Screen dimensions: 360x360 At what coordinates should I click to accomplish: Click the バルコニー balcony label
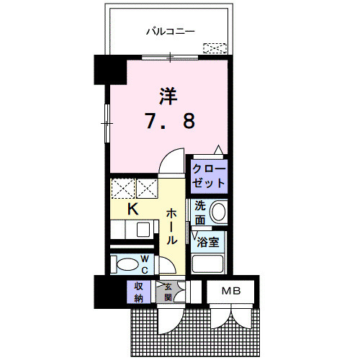pyautogui.click(x=171, y=31)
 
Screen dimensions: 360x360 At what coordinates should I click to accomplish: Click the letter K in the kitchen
pyautogui.click(x=132, y=210)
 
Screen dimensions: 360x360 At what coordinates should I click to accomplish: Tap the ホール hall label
pyautogui.click(x=173, y=226)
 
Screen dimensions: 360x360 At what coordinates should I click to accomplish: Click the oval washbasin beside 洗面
pyautogui.click(x=219, y=212)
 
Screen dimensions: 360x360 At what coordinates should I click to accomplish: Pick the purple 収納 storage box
pyautogui.click(x=138, y=292)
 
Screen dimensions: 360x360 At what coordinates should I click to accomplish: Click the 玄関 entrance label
pyautogui.click(x=167, y=291)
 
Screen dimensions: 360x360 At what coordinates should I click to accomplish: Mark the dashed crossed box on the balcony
pyautogui.click(x=214, y=49)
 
